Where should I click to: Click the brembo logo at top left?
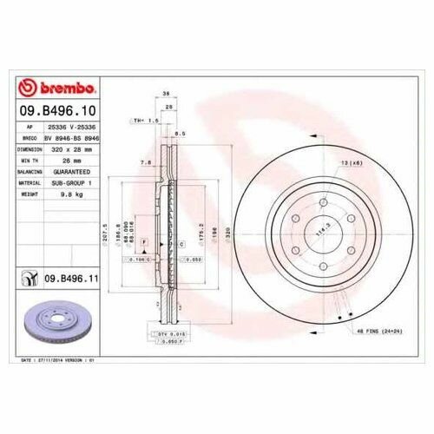tap(59, 88)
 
